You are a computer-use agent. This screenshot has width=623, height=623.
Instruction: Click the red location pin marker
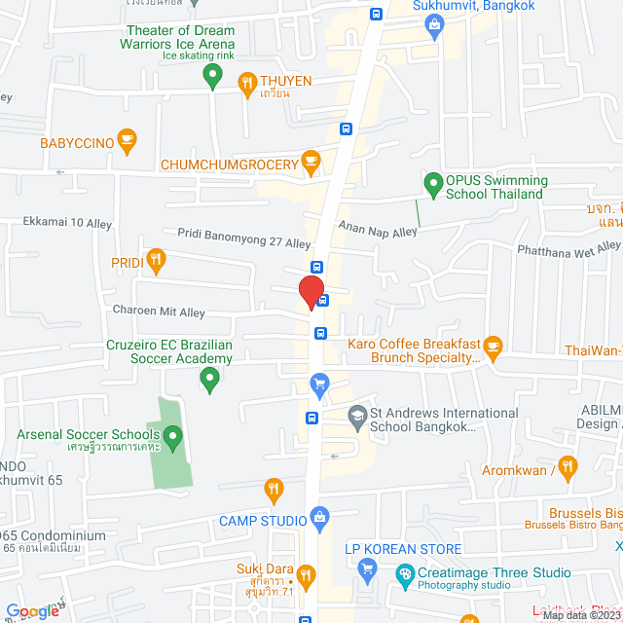pyautogui.click(x=311, y=292)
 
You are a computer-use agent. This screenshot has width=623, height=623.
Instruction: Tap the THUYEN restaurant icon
pyautogui.click(x=247, y=82)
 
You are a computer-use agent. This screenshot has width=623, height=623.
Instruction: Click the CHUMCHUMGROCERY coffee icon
pyautogui.click(x=311, y=159)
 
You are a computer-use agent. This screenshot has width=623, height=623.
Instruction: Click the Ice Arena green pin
pyautogui.click(x=213, y=80)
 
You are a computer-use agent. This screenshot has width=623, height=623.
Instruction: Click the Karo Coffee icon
pyautogui.click(x=493, y=345)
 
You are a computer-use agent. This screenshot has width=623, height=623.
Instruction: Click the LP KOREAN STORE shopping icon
pyautogui.click(x=367, y=568)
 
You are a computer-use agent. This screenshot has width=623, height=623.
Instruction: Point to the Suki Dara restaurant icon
pyautogui.click(x=307, y=574)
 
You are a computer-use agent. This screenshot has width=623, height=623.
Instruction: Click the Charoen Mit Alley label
pyautogui.click(x=158, y=312)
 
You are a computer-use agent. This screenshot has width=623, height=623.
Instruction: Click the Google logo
pyautogui.click(x=32, y=610)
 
